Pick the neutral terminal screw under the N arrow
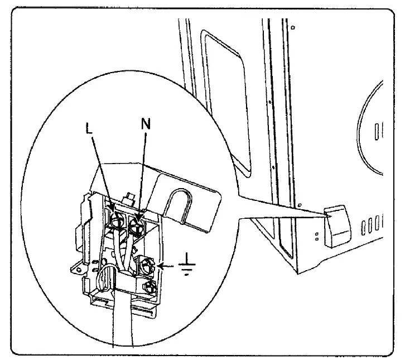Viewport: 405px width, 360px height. pos(136,225)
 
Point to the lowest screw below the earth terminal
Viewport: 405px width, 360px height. pos(150,288)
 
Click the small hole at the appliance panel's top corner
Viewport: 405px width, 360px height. pos(293,26)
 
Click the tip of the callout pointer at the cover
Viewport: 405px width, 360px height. pos(327,213)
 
